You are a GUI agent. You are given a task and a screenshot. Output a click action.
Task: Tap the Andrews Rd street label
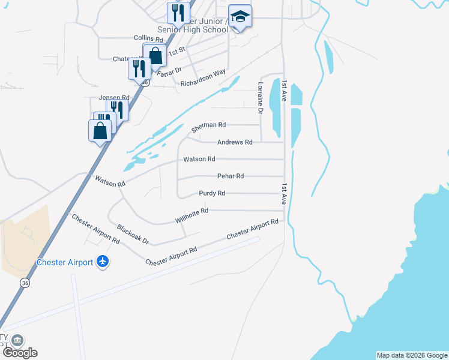[235, 142]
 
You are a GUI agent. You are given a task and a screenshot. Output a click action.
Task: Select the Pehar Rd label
[230, 176]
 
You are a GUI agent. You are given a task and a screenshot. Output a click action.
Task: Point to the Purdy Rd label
[212, 193]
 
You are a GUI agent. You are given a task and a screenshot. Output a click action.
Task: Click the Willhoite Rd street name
[191, 215]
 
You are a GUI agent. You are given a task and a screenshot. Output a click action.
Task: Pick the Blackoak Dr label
[133, 234]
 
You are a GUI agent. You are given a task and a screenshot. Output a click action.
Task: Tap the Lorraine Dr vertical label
[261, 98]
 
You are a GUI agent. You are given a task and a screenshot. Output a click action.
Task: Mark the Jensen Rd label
[113, 97]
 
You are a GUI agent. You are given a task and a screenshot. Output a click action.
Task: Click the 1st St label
[175, 53]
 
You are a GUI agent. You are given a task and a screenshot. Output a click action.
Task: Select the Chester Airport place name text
[65, 262]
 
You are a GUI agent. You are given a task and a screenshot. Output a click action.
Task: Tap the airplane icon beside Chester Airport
[103, 262]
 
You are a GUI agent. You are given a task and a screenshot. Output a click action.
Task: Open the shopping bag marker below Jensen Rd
[100, 130]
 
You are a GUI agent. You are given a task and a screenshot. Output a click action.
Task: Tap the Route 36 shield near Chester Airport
[24, 283]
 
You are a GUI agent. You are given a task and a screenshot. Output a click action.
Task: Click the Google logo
[20, 353]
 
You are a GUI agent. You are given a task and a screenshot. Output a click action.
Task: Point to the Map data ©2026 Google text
[412, 355]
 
